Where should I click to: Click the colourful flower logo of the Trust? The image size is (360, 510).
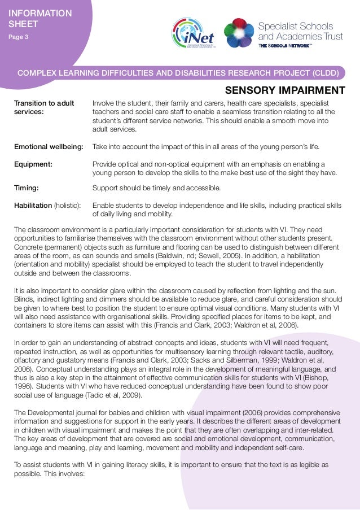pos(239,33)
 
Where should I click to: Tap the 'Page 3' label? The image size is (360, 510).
pos(19,37)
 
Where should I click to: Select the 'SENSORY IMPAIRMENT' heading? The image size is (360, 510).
pos(285,90)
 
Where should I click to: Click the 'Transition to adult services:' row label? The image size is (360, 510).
pos(43,107)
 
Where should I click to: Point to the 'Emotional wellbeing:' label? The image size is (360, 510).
pos(49,147)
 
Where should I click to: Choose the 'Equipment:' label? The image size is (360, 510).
pos(33,164)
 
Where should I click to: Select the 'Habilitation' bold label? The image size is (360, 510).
pos(33,205)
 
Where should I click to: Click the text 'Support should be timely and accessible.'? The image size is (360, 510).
pos(156,188)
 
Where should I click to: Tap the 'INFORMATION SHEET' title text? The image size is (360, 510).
pos(40,18)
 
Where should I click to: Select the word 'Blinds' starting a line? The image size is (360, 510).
pos(24,300)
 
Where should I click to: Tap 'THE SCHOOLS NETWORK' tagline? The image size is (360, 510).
pos(285,46)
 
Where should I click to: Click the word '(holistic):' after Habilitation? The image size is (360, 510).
pos(67,205)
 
